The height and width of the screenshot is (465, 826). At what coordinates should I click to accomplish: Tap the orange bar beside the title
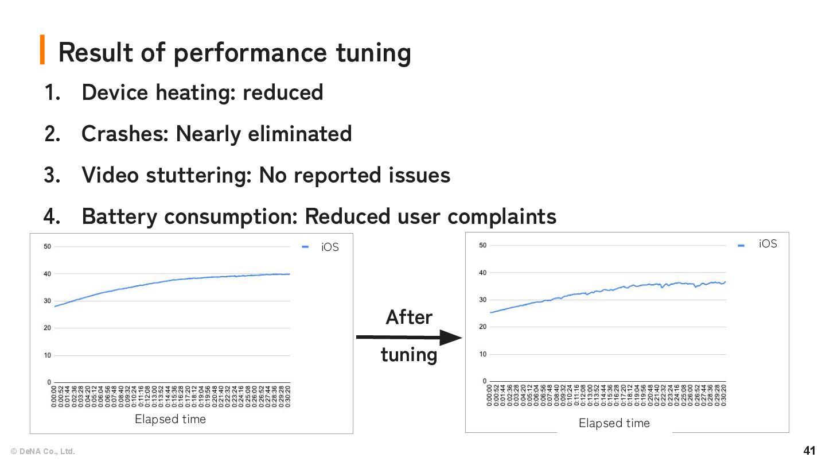click(x=42, y=49)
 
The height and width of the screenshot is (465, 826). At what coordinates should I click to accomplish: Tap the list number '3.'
click(x=52, y=175)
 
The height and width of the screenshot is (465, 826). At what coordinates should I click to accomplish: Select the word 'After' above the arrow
click(x=408, y=317)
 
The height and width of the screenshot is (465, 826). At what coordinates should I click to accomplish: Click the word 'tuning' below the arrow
click(x=408, y=355)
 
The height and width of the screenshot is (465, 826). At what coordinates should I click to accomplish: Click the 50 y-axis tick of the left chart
click(x=47, y=247)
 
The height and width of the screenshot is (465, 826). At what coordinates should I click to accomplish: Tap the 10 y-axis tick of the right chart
click(x=484, y=354)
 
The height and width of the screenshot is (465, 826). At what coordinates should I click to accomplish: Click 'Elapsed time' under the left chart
click(x=170, y=419)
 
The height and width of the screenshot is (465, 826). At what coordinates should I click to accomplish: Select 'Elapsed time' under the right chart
click(x=614, y=423)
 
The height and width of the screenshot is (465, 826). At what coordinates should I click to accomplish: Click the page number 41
click(x=809, y=450)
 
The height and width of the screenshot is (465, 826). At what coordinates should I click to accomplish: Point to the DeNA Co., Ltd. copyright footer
click(x=42, y=451)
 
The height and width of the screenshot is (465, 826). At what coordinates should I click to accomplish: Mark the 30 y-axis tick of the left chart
click(x=47, y=301)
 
